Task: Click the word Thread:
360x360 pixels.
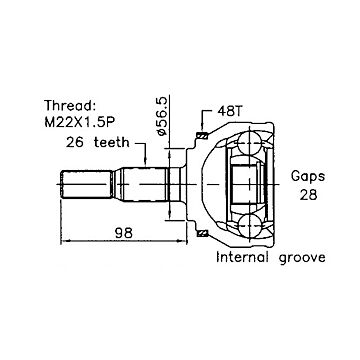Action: [x=70, y=106]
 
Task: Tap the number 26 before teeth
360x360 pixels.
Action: [x=75, y=142]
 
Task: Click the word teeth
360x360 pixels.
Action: [x=111, y=142]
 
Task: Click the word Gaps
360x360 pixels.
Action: [x=308, y=177]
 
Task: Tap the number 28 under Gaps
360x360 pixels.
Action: [x=308, y=195]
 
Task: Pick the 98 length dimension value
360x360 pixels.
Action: [x=124, y=232]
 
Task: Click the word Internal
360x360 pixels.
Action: [x=242, y=257]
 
